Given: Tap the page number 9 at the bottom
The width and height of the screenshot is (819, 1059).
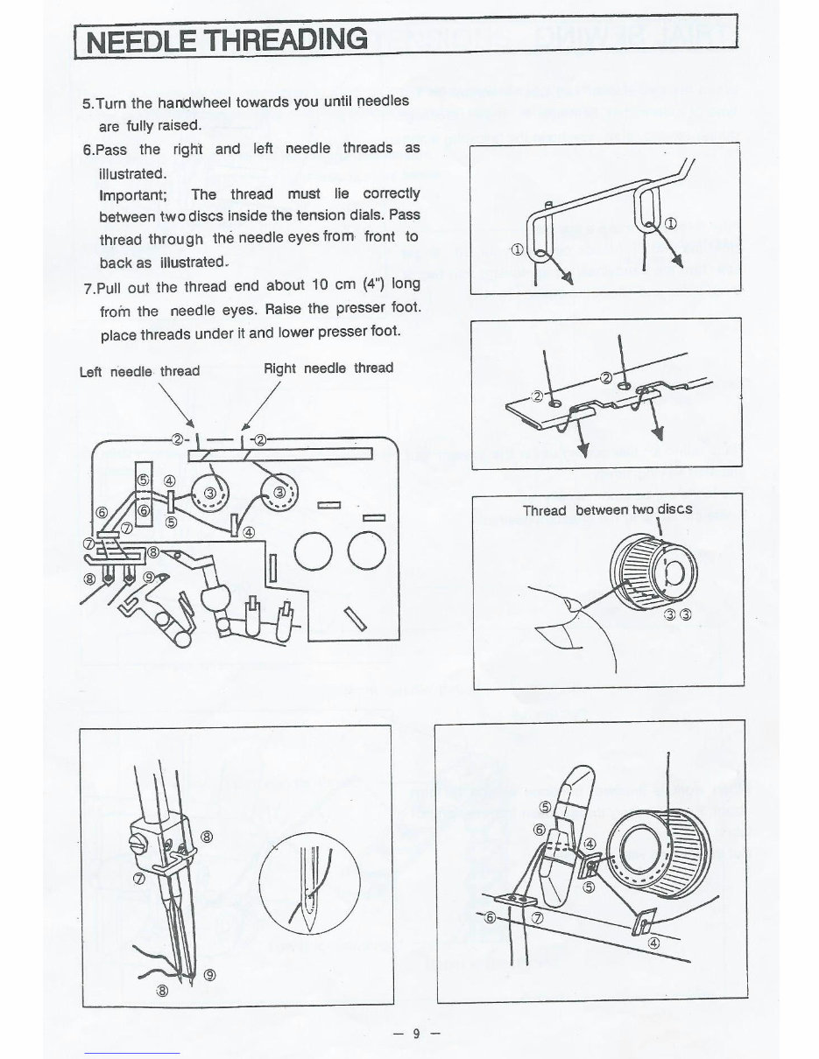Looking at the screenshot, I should [x=416, y=1034].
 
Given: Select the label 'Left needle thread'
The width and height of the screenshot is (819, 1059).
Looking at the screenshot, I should [x=139, y=371].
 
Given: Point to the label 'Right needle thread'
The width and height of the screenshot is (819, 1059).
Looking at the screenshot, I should [x=328, y=368].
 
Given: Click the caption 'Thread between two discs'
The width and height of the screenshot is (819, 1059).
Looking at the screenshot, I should [x=607, y=509].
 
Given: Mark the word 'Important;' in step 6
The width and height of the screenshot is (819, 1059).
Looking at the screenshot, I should [x=136, y=193].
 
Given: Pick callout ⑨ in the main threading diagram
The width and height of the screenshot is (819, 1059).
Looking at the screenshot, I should [x=150, y=578].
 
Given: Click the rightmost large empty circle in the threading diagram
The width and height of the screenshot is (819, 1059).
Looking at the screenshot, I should [x=365, y=551].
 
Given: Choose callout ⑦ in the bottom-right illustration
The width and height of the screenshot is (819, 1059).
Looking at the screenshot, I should [x=537, y=918].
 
